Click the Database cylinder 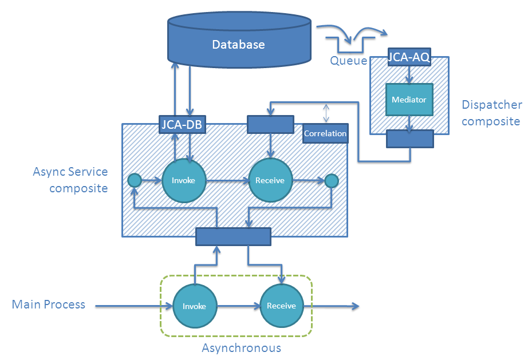coord(239,41)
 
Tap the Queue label coord(348,60)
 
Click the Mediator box coord(409,100)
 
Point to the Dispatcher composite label coord(491,113)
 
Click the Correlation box coord(325,133)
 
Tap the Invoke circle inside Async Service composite coord(183,180)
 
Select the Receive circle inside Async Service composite coord(270,180)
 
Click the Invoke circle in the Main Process coord(194,306)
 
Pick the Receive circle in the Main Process coord(281,306)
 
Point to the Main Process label coord(49,304)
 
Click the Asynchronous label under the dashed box coord(241,348)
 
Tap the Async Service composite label coord(70,180)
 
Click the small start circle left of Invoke coord(134,181)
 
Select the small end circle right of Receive coord(332,181)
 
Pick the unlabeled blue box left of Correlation coord(270,125)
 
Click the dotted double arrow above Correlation coord(326,113)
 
